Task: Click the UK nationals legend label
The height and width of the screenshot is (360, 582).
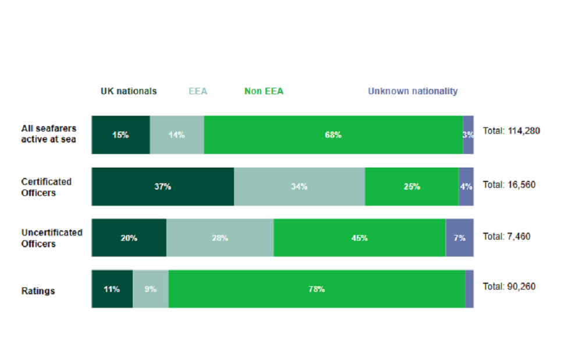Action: point(129,91)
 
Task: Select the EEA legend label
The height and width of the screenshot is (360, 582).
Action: point(197,91)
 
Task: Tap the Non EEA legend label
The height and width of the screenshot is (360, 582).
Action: point(264,91)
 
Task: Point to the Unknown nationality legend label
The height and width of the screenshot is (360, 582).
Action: point(413,91)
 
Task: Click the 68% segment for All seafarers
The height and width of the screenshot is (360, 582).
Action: point(333,135)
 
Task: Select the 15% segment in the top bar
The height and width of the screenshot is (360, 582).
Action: point(120,135)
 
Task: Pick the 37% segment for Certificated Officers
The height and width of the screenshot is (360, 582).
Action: point(162,187)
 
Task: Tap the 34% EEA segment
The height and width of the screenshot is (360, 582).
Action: point(299,187)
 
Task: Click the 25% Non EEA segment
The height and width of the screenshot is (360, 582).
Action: point(411,187)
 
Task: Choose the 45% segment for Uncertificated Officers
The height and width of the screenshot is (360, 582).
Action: point(359,238)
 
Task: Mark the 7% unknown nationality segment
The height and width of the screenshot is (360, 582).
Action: point(459,238)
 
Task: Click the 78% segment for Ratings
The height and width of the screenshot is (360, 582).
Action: point(317,289)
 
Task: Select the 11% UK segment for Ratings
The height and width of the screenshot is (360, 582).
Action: point(112,289)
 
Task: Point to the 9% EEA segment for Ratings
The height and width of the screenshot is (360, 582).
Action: point(150,289)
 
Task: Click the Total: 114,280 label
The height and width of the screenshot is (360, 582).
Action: point(511,131)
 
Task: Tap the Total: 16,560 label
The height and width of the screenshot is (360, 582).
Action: point(509,185)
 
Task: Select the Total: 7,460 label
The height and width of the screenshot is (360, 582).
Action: point(506,237)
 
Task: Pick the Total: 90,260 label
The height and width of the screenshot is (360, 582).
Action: point(509,287)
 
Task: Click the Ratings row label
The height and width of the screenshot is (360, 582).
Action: point(38,291)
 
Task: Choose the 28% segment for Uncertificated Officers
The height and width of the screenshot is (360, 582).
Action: point(219,238)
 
